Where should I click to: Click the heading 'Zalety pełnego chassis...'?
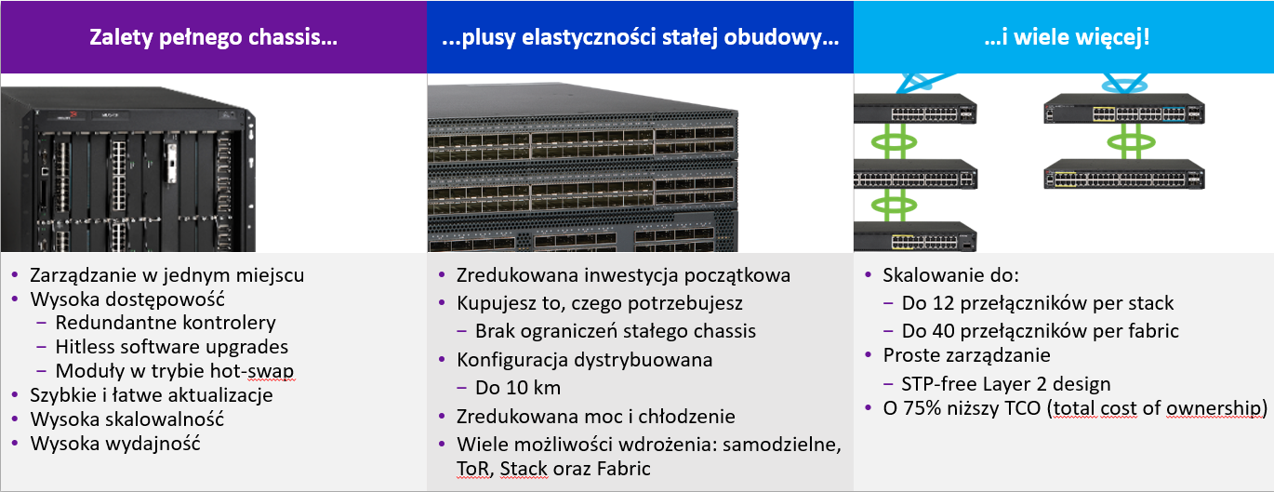point(213,37)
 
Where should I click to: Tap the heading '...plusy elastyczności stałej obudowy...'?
point(640,37)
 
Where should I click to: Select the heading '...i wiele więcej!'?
point(1067,37)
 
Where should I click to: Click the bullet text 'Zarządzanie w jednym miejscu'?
point(167,275)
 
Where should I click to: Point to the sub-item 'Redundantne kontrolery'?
point(166,323)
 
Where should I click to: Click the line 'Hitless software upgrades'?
point(172,347)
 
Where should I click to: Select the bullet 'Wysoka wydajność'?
point(115,443)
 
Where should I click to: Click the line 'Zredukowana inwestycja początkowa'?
point(623,275)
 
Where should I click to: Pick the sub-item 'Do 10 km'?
point(518,388)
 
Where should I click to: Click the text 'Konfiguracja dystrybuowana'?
point(585,360)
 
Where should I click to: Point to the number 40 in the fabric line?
point(942,331)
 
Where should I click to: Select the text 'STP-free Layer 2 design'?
point(1006,384)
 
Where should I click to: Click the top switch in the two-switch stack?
point(1124,109)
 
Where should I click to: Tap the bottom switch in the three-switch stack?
point(915,236)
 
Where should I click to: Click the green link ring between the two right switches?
point(1131,141)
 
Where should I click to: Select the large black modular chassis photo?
point(128,169)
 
